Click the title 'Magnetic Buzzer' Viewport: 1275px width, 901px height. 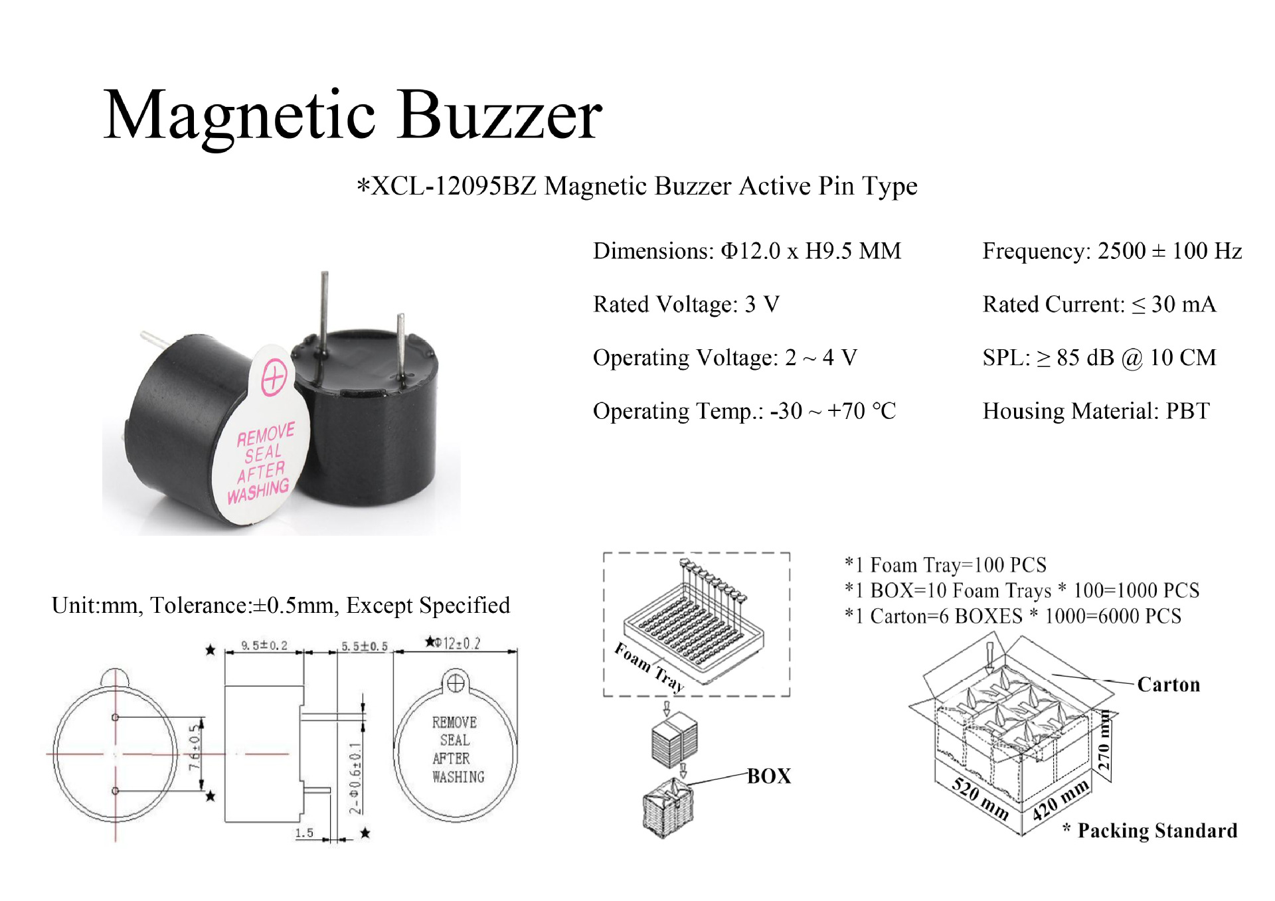(353, 116)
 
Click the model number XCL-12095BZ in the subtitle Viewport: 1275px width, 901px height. (454, 187)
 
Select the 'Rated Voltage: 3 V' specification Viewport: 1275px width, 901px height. (686, 304)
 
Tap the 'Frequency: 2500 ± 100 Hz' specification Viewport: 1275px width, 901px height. (1112, 251)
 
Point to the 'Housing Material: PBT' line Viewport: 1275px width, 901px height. (1096, 411)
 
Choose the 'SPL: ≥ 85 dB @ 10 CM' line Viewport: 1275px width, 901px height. (1099, 358)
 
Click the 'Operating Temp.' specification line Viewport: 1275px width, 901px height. (744, 411)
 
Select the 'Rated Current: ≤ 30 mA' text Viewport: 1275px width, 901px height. (1099, 304)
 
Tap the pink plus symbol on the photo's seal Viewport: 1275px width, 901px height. (274, 378)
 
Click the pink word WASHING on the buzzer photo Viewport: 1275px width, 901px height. (258, 491)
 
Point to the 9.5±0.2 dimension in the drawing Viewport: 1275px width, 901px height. (264, 645)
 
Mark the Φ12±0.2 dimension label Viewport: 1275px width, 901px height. (453, 643)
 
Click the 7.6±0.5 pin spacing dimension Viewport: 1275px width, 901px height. (195, 748)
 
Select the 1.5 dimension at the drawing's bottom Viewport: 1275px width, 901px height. (304, 833)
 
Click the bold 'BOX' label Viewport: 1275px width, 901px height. (769, 776)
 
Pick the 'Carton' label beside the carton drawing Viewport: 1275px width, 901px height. (1168, 685)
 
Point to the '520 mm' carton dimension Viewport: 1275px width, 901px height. (980, 798)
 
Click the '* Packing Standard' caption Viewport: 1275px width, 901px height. (1150, 831)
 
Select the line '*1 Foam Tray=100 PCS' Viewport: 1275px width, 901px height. (945, 565)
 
